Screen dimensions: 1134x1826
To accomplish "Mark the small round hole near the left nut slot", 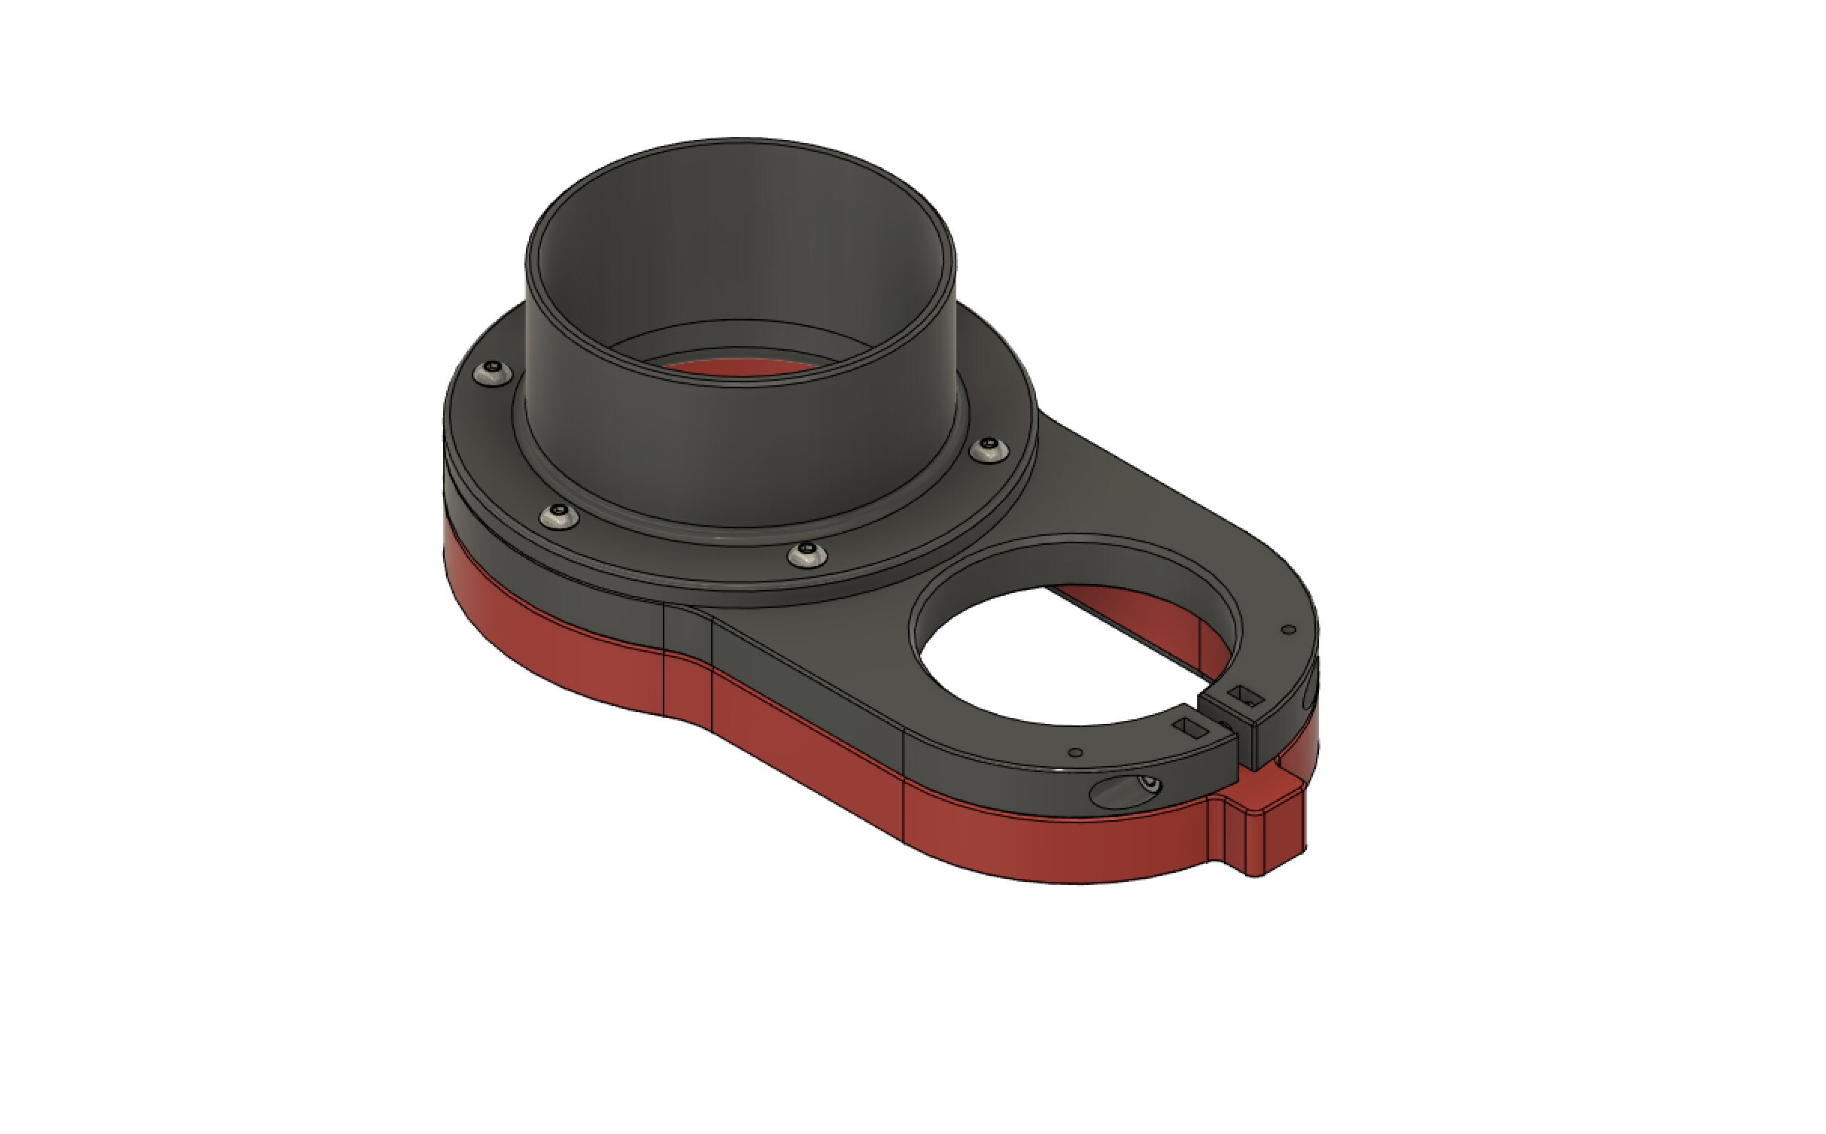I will (1076, 752).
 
